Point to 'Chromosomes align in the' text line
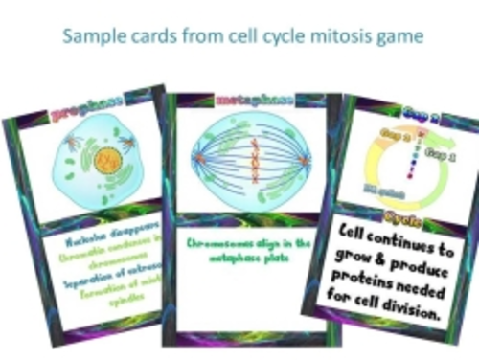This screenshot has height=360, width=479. [249, 243]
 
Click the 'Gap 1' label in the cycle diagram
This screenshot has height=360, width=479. [440, 152]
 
